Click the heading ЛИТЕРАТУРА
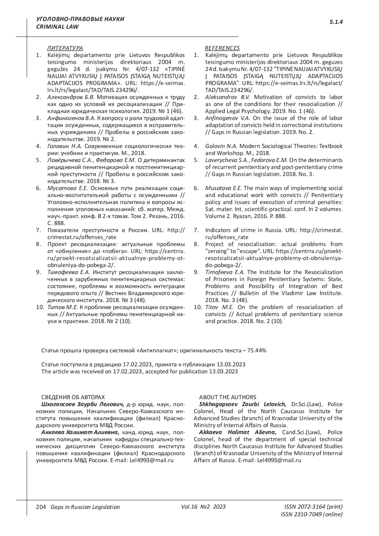pyautogui.click(x=65, y=48)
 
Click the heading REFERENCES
pyautogui.click(x=222, y=48)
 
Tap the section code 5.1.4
pyautogui.click(x=336, y=22)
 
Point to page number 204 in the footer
pyautogui.click(x=41, y=507)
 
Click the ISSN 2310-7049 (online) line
pyautogui.click(x=311, y=515)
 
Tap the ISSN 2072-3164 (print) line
pyautogui.click(x=313, y=507)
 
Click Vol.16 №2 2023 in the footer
pyautogui.click(x=203, y=507)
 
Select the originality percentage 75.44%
pyautogui.click(x=257, y=351)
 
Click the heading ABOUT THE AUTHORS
pyautogui.click(x=227, y=397)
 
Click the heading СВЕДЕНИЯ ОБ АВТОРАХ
pyautogui.click(x=73, y=397)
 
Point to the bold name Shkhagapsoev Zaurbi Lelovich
pyautogui.click(x=243, y=404)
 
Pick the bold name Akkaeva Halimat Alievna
pyautogui.click(x=238, y=432)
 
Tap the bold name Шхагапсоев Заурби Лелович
pyautogui.click(x=83, y=404)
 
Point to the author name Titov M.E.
pyautogui.click(x=219, y=307)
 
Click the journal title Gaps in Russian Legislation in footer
pyautogui.click(x=83, y=507)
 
